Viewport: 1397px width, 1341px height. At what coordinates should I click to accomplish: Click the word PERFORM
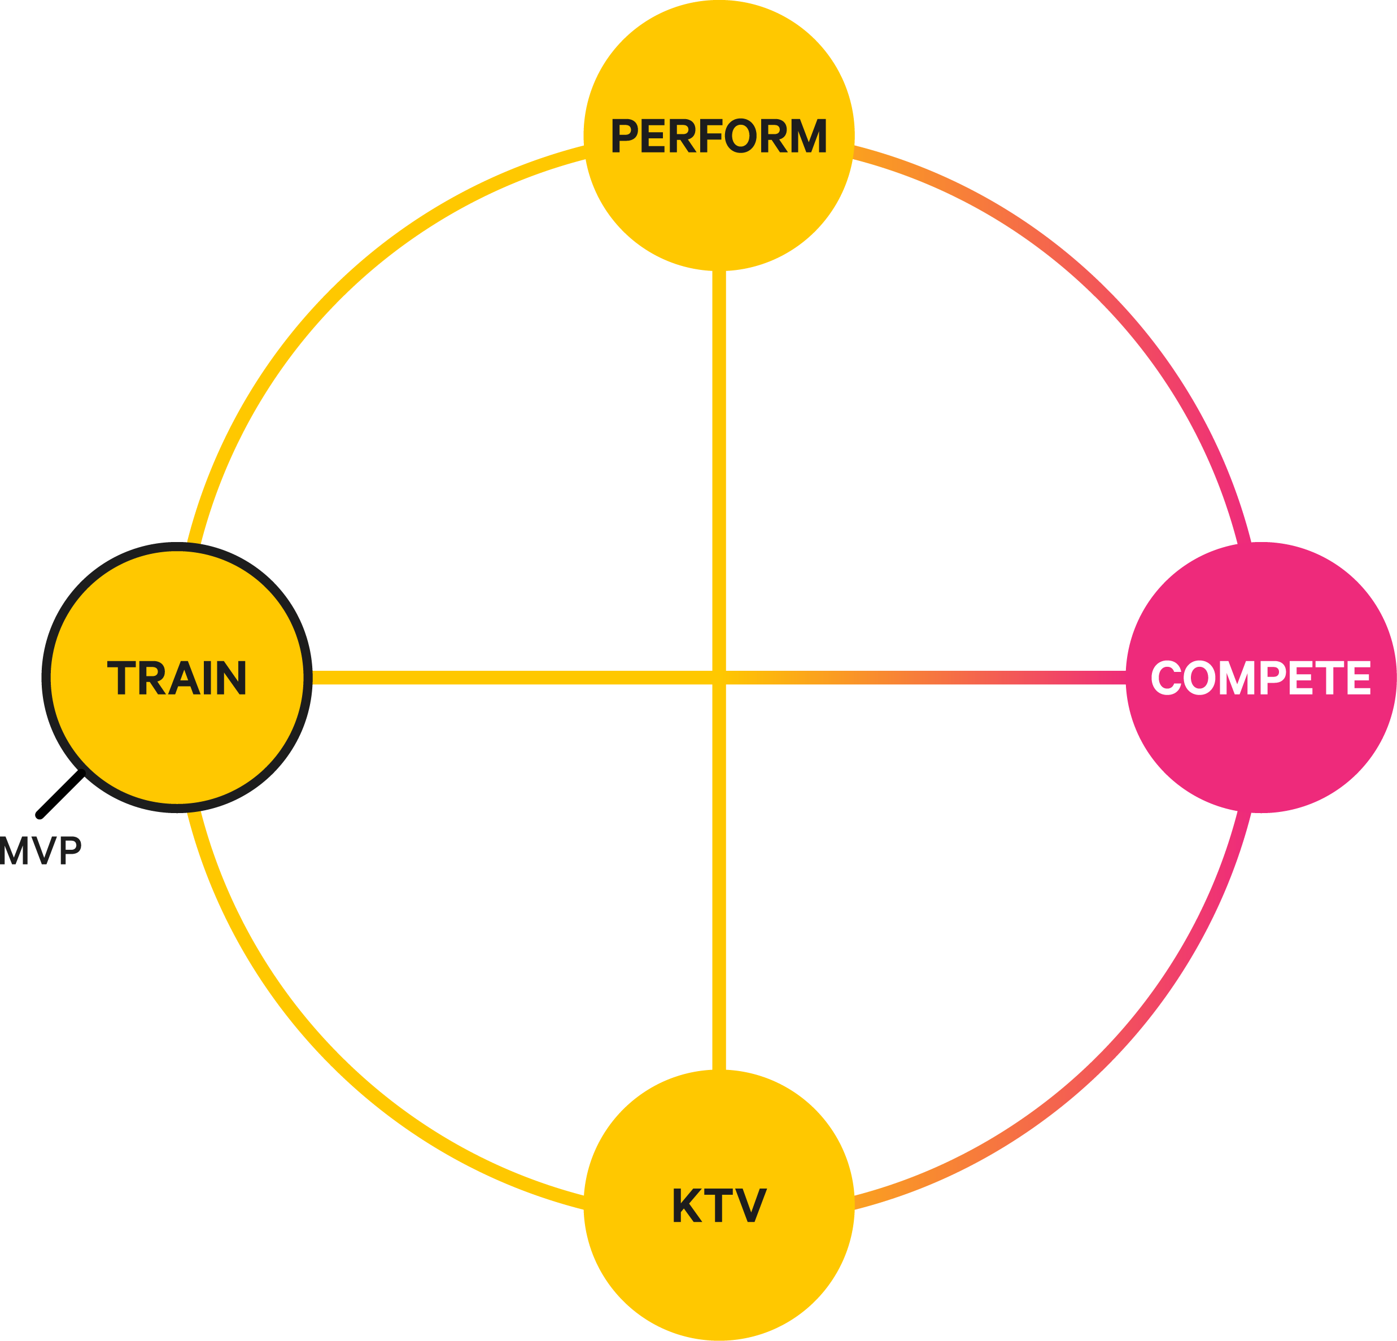tap(718, 136)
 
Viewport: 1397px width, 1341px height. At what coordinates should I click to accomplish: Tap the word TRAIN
tap(177, 678)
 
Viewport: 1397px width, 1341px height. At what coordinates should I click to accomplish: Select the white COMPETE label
tap(1260, 678)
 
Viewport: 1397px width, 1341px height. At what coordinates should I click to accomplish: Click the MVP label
tap(41, 850)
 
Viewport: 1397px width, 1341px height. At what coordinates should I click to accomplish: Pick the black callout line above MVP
tap(60, 794)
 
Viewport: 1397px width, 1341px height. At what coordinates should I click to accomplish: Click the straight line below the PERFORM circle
tap(719, 427)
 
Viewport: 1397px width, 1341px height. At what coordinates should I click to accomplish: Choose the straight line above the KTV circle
tap(719, 927)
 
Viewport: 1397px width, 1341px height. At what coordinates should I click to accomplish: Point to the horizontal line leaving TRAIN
tap(499, 678)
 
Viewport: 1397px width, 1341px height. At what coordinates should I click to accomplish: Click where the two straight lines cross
tap(719, 678)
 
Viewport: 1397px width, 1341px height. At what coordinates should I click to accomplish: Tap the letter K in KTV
tap(687, 1205)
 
